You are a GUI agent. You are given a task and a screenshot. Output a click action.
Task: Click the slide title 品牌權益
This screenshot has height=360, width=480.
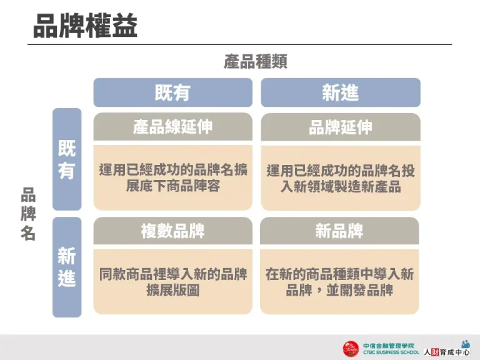click(x=85, y=27)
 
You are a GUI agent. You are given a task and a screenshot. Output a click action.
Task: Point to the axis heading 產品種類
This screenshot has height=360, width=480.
click(x=255, y=62)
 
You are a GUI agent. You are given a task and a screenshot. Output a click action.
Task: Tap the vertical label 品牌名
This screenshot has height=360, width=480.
click(x=28, y=214)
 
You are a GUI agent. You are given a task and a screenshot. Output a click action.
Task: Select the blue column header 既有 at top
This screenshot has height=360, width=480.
click(x=172, y=92)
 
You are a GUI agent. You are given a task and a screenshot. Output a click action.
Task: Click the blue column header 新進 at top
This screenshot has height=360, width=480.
click(x=340, y=92)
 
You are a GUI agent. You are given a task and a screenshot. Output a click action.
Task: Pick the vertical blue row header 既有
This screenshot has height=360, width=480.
click(x=67, y=159)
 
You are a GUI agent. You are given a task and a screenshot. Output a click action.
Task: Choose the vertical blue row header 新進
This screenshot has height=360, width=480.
click(x=67, y=267)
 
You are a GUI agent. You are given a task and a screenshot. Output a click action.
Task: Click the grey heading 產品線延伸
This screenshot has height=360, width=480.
click(x=172, y=127)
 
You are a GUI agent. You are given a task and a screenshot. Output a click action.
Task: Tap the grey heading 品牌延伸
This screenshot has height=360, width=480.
click(x=340, y=127)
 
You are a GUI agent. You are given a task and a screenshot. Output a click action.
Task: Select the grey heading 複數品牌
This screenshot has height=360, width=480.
click(x=172, y=231)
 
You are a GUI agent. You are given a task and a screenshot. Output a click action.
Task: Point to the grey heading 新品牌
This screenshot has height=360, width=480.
click(x=339, y=231)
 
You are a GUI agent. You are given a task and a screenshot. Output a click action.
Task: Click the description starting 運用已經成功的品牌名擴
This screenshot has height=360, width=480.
click(x=172, y=170)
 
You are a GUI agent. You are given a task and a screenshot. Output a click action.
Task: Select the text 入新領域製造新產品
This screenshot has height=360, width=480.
click(x=340, y=186)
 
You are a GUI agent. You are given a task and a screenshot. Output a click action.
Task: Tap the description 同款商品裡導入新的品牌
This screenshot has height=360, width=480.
click(x=172, y=274)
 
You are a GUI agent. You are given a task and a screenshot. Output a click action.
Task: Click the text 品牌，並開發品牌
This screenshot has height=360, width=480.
click(x=339, y=290)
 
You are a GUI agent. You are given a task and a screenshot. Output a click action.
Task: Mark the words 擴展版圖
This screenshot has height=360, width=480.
click(x=172, y=290)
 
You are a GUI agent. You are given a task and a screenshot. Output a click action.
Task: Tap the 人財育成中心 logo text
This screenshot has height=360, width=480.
click(x=446, y=352)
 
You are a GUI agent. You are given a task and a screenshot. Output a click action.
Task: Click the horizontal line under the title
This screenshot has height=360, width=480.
click(x=240, y=44)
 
